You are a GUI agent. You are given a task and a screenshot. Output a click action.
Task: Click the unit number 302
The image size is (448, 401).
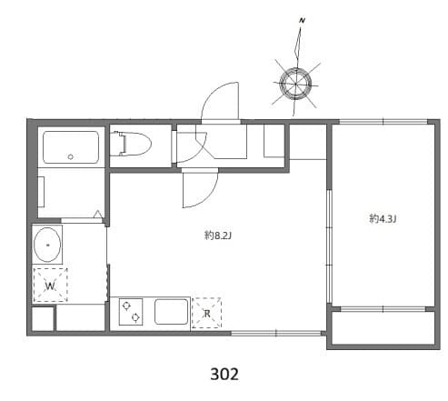pyautogui.click(x=224, y=373)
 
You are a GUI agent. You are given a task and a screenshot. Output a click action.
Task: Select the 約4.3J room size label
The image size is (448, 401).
pyautogui.click(x=383, y=217)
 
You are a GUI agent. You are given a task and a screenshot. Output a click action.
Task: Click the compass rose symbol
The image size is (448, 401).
pyautogui.click(x=296, y=84)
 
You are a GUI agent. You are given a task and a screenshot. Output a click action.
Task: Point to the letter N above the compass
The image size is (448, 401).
pyautogui.click(x=302, y=19)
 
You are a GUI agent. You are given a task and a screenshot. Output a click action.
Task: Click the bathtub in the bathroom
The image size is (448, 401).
pyautogui.click(x=71, y=146)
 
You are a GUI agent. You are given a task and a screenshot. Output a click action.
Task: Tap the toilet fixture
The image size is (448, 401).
pyautogui.click(x=135, y=145)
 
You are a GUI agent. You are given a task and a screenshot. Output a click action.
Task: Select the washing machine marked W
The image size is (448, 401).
pyautogui.click(x=50, y=286)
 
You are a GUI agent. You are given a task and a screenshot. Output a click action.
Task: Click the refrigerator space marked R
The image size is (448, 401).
pyautogui.click(x=207, y=314)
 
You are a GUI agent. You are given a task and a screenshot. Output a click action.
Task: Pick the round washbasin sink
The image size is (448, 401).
pyautogui.click(x=47, y=245)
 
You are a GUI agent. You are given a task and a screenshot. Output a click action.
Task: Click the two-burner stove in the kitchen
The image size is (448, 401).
pyautogui.click(x=130, y=312)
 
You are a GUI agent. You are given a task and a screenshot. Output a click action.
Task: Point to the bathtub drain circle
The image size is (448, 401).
pyautogui.click(x=70, y=157)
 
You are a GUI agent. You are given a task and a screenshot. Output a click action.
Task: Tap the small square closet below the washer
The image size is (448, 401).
pyautogui.click(x=42, y=318)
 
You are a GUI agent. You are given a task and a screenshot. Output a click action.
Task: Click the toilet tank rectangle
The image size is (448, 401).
pyautogui.click(x=117, y=144)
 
